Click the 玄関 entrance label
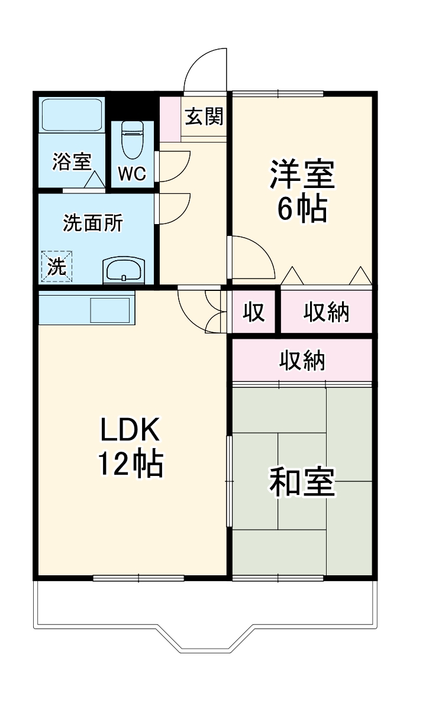click(205, 117)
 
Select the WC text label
click(133, 174)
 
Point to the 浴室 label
click(72, 161)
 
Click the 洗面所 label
click(93, 223)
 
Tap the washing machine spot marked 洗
click(57, 267)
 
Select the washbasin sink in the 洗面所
click(123, 271)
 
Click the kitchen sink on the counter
click(109, 309)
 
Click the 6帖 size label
click(302, 208)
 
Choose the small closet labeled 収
click(254, 312)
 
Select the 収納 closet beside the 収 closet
click(326, 312)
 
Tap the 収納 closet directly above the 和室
click(302, 360)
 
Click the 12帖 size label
click(130, 465)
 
